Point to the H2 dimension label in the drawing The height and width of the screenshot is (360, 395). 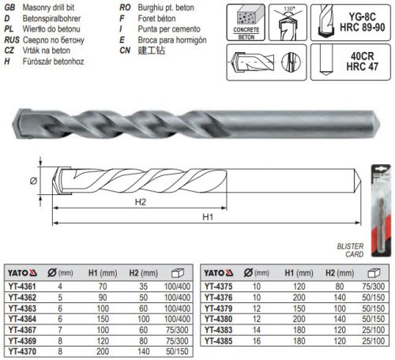coord(140,202)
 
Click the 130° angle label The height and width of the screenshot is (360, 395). coord(293,7)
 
